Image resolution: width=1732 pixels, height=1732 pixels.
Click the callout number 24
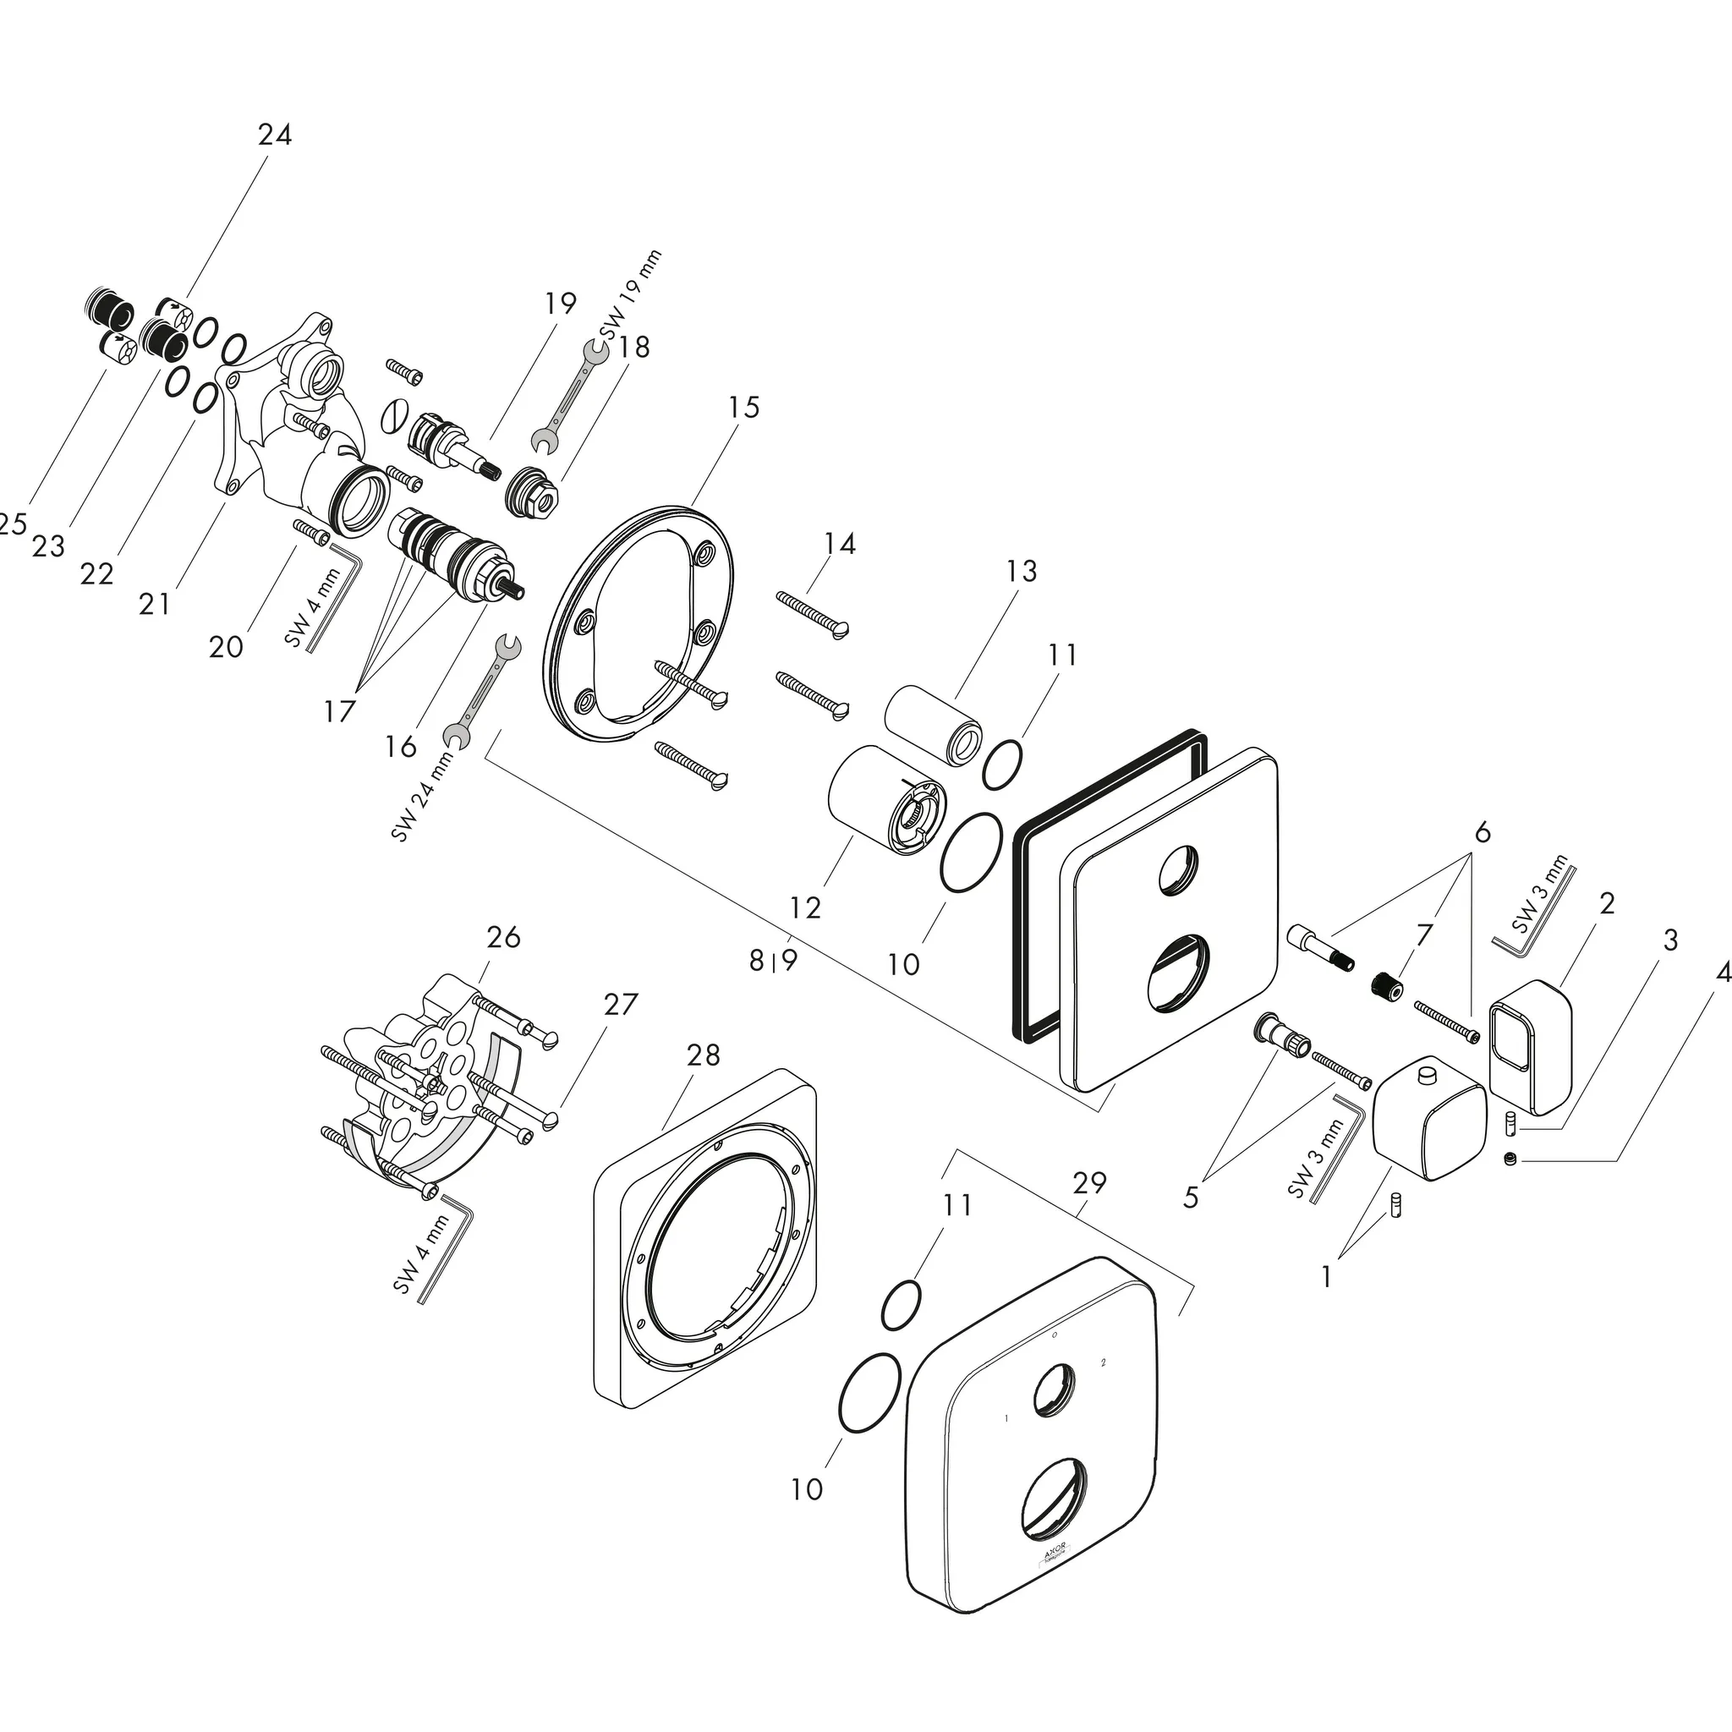point(274,134)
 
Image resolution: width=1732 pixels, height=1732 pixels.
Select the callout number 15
point(743,407)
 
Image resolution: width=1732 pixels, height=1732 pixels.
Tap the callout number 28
point(703,1055)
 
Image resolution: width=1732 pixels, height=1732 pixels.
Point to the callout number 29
point(1089,1183)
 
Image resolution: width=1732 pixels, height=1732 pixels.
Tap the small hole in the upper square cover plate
point(1177,871)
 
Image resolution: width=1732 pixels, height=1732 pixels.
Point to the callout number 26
point(503,937)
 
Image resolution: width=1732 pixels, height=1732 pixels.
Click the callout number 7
point(1423,935)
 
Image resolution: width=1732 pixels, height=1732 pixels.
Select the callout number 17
point(340,712)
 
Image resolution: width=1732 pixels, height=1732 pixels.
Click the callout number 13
point(1021,570)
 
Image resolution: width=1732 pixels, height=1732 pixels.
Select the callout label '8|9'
point(774,961)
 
